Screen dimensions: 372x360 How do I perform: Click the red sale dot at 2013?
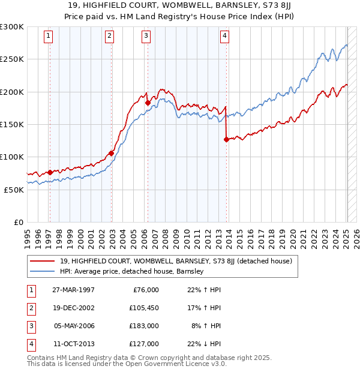(x=226, y=140)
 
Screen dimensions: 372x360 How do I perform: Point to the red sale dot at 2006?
(x=147, y=103)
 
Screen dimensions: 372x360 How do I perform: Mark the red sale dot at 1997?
(x=50, y=172)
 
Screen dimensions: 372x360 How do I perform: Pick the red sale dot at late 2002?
(x=111, y=153)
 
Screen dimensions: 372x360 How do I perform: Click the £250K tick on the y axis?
(x=12, y=59)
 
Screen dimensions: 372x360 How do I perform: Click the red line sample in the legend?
(x=43, y=261)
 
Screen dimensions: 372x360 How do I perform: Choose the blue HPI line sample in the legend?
(x=43, y=271)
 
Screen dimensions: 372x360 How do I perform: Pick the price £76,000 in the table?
(x=144, y=290)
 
